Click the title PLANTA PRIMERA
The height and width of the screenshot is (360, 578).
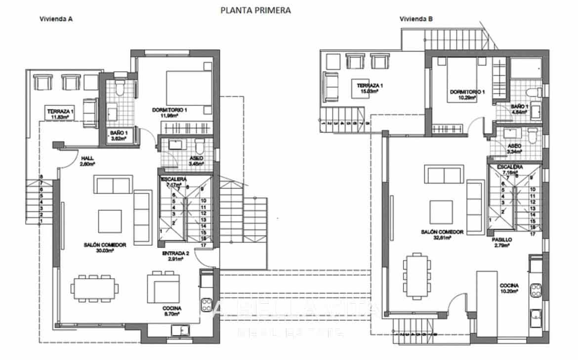click(x=255, y=9)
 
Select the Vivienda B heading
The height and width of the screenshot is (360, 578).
click(x=416, y=19)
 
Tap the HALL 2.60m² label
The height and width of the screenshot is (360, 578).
click(x=88, y=161)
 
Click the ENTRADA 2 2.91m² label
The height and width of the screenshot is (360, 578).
click(x=175, y=256)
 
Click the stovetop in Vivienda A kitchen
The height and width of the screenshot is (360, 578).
click(x=206, y=302)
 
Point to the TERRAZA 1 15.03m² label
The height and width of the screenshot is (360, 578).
click(x=371, y=88)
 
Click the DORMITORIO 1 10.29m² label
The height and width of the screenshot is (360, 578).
click(x=463, y=95)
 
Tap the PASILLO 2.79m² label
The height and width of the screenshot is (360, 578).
click(x=501, y=242)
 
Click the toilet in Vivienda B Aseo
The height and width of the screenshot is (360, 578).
click(x=531, y=135)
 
